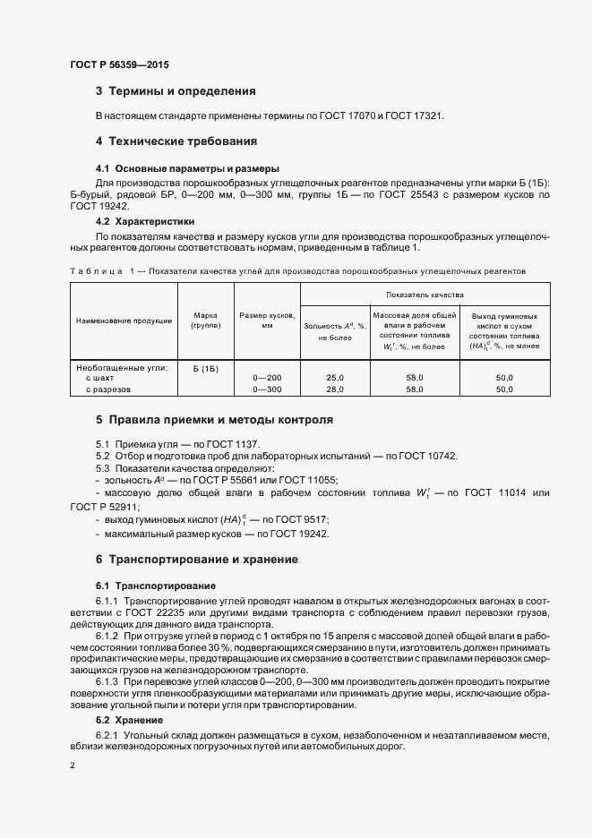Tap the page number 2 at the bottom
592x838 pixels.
[73, 765]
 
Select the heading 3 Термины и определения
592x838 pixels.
[176, 91]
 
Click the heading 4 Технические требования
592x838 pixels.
[176, 141]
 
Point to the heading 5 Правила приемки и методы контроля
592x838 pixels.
[214, 419]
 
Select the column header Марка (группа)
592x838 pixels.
[206, 320]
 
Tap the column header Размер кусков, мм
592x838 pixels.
[267, 320]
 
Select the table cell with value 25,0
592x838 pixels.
[334, 379]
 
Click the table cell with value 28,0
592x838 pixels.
[334, 389]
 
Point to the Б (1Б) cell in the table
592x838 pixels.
[205, 368]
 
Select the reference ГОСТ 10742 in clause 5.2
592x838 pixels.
[427, 457]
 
